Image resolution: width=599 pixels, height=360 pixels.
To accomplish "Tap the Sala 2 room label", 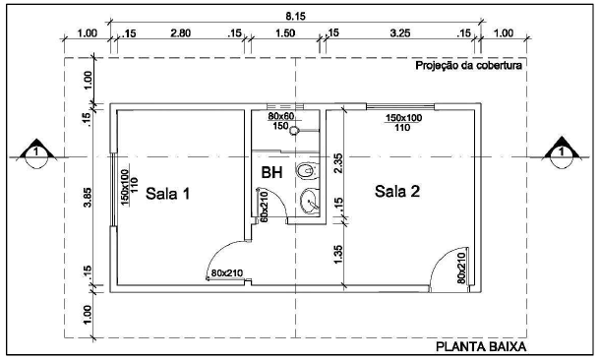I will (x=397, y=190).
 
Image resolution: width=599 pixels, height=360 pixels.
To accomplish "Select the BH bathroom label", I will (x=271, y=173).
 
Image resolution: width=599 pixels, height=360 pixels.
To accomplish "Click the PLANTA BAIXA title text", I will (x=482, y=347).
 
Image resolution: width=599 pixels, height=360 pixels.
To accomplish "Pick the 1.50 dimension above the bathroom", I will (x=284, y=33).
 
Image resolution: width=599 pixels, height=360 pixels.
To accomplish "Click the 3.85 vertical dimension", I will (x=88, y=198).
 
